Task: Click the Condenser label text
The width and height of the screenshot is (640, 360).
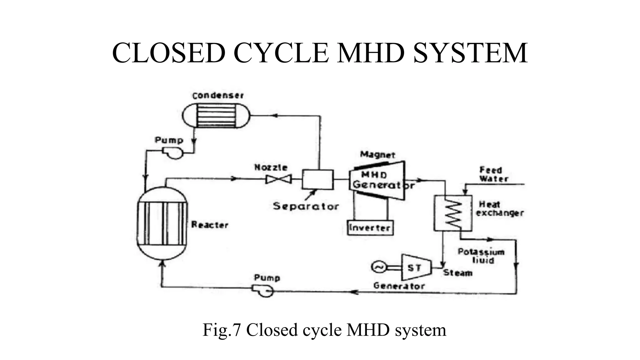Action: [x=218, y=95]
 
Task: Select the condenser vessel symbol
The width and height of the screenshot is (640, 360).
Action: [x=216, y=116]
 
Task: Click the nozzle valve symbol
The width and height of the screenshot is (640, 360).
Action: [x=278, y=179]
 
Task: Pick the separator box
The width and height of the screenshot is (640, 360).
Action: [x=317, y=179]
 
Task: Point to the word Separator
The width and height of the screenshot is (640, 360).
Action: [x=306, y=206]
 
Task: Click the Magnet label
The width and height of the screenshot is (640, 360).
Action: [x=377, y=154]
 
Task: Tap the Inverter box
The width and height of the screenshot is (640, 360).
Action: [x=370, y=227]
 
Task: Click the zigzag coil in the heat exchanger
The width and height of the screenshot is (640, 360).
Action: [x=453, y=213]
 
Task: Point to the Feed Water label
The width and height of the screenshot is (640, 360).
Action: [x=493, y=175]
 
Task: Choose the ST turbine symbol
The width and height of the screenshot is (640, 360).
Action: [x=415, y=267]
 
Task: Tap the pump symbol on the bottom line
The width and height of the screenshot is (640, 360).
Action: [x=263, y=291]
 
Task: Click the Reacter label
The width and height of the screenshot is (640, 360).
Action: [x=210, y=225]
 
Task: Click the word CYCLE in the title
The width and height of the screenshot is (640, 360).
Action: [x=281, y=53]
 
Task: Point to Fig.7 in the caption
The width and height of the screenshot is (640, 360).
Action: [x=222, y=330]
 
